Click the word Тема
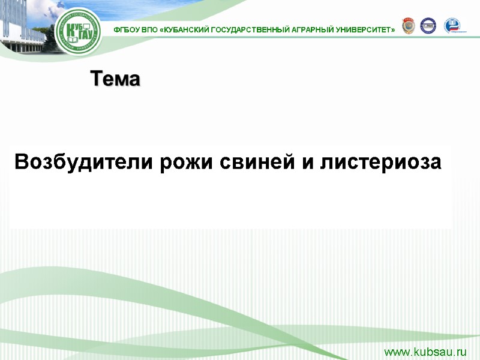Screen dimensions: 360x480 pyautogui.click(x=115, y=79)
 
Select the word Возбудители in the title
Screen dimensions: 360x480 pyautogui.click(x=85, y=162)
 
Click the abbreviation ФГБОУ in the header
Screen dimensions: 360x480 pyautogui.click(x=127, y=29)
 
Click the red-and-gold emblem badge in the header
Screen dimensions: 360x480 pyautogui.click(x=408, y=26)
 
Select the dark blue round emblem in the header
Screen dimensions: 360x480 pyautogui.click(x=428, y=26)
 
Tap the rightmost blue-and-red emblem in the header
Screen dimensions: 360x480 pyautogui.click(x=452, y=26)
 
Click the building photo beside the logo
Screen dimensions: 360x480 pyautogui.click(x=24, y=24)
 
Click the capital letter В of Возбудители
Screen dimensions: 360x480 pyautogui.click(x=21, y=162)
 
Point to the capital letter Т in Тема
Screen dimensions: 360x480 pyautogui.click(x=96, y=79)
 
